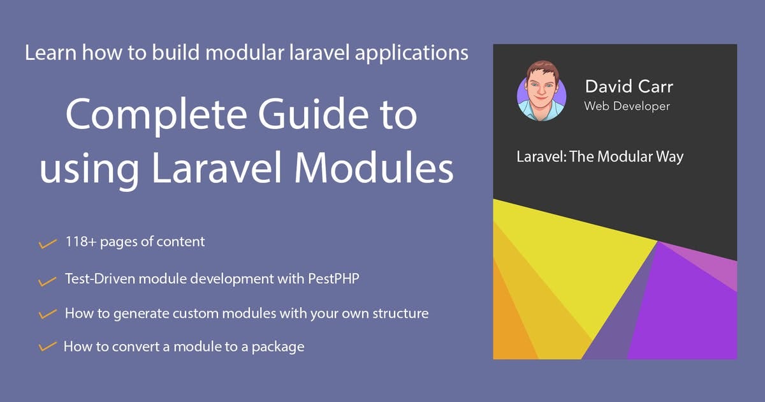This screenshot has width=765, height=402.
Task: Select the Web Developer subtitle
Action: [x=627, y=106]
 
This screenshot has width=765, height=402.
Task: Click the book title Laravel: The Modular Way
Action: [x=600, y=157]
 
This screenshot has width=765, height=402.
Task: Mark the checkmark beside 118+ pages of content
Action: [x=47, y=243]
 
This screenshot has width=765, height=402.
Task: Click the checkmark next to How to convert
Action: [x=47, y=347]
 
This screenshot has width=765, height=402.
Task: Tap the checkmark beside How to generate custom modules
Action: [x=47, y=314]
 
